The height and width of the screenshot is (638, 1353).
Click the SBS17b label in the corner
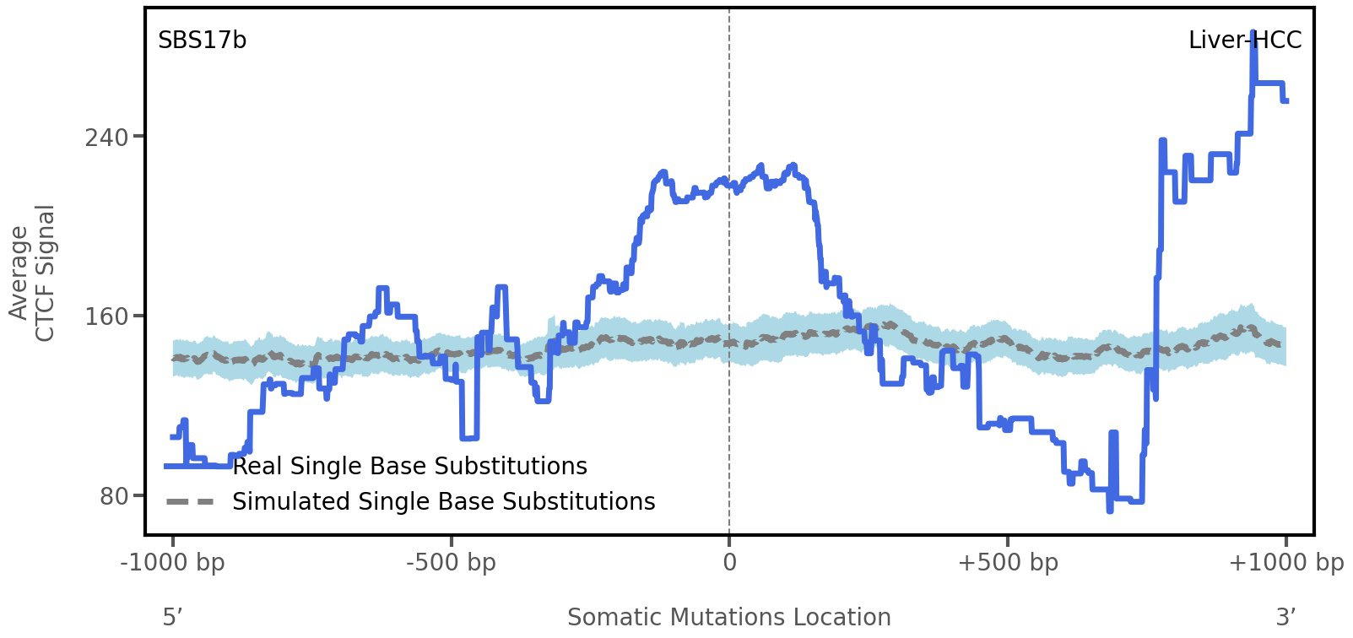(x=202, y=41)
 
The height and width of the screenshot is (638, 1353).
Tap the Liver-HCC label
(x=1244, y=41)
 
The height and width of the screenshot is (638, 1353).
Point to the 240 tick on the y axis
(x=106, y=137)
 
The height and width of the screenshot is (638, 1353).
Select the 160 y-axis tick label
(x=106, y=316)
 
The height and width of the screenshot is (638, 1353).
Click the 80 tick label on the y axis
(x=114, y=496)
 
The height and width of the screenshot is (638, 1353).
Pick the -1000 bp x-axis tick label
(x=173, y=562)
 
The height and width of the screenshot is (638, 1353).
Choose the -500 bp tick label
(x=451, y=562)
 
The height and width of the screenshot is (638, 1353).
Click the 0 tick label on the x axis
(x=729, y=562)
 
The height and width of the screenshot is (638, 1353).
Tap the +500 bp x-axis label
(x=1008, y=562)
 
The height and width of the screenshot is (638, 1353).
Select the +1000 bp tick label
(x=1285, y=562)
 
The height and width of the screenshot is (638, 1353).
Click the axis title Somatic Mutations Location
(x=728, y=617)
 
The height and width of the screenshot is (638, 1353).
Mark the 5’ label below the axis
(x=172, y=617)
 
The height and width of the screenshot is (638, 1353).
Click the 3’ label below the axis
(x=1285, y=617)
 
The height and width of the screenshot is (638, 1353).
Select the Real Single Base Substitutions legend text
(x=409, y=466)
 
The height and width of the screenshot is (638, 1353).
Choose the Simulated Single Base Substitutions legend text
(x=443, y=501)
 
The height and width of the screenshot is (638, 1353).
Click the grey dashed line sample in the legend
(x=190, y=502)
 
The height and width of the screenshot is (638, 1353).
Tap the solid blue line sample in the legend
(x=190, y=466)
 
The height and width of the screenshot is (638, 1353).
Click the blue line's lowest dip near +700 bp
(x=1110, y=510)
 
